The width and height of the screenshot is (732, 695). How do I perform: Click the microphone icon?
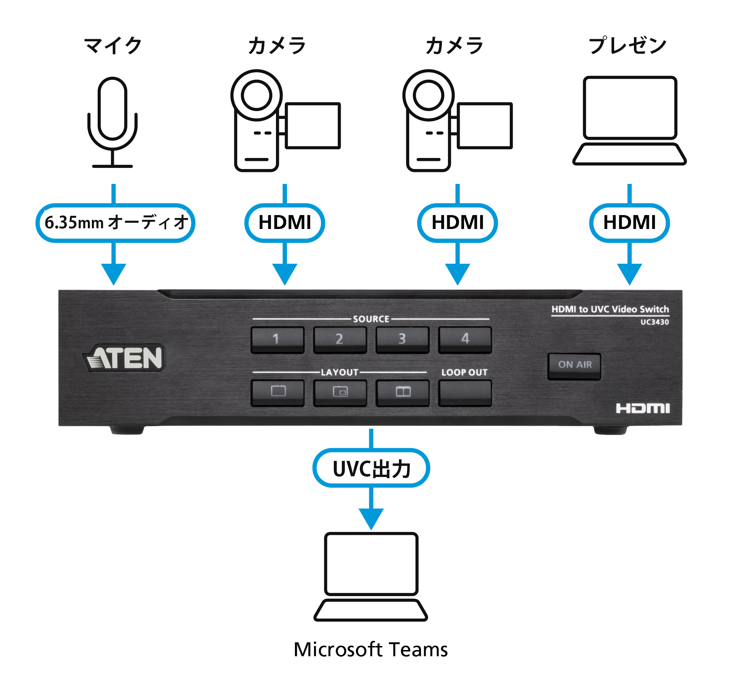(x=112, y=123)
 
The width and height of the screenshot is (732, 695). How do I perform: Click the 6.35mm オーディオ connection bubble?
(x=115, y=223)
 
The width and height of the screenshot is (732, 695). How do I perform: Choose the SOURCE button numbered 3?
(x=402, y=339)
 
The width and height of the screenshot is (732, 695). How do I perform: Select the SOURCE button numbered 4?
(x=465, y=339)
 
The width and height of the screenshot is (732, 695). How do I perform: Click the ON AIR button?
(x=574, y=366)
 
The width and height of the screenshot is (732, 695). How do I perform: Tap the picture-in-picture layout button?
(x=340, y=392)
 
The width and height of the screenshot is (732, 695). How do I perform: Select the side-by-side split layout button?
(x=403, y=392)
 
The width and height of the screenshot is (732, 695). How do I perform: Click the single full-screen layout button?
(x=277, y=392)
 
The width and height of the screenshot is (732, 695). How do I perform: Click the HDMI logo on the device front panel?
(x=642, y=409)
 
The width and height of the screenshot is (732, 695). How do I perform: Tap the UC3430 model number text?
(x=654, y=322)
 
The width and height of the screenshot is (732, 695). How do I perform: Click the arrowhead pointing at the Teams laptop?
(x=371, y=519)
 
